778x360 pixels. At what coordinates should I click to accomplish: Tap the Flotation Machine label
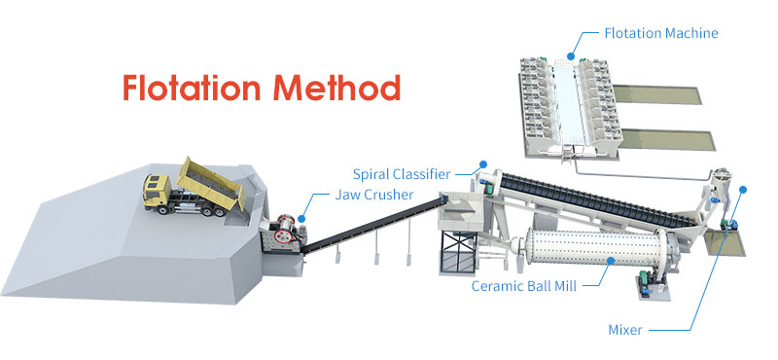660,33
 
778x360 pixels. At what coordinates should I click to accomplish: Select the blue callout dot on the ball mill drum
612,261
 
